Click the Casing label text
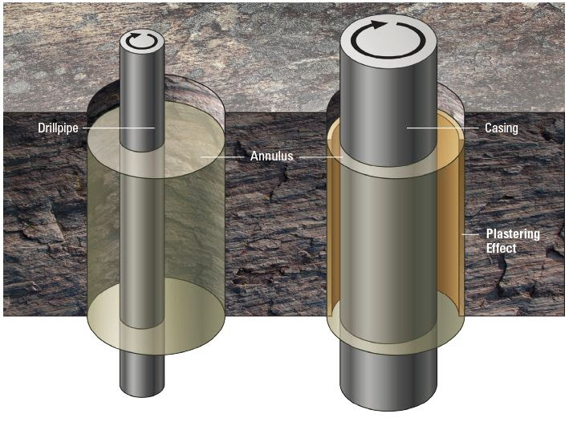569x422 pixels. coord(501,128)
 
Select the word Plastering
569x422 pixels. coord(513,233)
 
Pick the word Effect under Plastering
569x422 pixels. coord(501,248)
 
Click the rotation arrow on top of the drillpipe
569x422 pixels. coord(142,39)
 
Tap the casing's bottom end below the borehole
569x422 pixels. coord(388,381)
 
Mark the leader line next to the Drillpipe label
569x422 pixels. coord(120,128)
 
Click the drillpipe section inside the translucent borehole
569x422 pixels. coord(142,241)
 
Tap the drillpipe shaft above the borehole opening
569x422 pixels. coord(142,88)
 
